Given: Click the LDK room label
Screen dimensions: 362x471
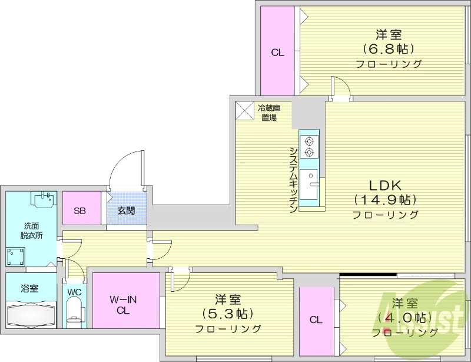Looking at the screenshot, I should [385, 183].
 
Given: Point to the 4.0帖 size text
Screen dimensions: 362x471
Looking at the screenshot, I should [405, 318].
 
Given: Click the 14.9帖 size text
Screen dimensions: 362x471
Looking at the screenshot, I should [385, 199].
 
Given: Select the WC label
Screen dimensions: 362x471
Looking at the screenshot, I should [74, 292].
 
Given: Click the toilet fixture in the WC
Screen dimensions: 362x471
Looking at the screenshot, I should [74, 312].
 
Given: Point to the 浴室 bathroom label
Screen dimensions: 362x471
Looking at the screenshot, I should [29, 288].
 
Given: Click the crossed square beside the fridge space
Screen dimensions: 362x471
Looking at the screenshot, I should [243, 110].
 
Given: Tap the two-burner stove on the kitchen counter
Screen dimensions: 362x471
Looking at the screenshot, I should [309, 146].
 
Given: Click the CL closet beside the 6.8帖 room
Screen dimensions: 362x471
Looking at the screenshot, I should [277, 52].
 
